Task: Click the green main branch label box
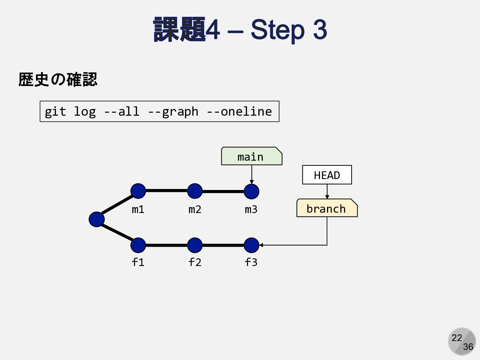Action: point(251,156)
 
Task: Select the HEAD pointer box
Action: point(327,175)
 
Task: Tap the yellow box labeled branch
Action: point(327,208)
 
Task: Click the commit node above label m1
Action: point(138,191)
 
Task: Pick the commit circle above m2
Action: point(195,191)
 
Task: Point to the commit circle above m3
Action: point(251,191)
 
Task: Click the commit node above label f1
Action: point(138,245)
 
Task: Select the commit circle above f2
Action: point(195,245)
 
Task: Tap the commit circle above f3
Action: point(251,245)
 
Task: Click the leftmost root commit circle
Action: point(97,219)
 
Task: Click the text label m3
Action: point(251,209)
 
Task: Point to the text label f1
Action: point(138,262)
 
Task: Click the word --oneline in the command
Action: point(239,111)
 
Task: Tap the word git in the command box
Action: point(55,112)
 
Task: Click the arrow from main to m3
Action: point(252,174)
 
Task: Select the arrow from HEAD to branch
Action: point(327,191)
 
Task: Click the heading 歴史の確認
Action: point(58,80)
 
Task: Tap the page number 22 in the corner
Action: point(457,338)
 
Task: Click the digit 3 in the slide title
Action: point(320,29)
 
